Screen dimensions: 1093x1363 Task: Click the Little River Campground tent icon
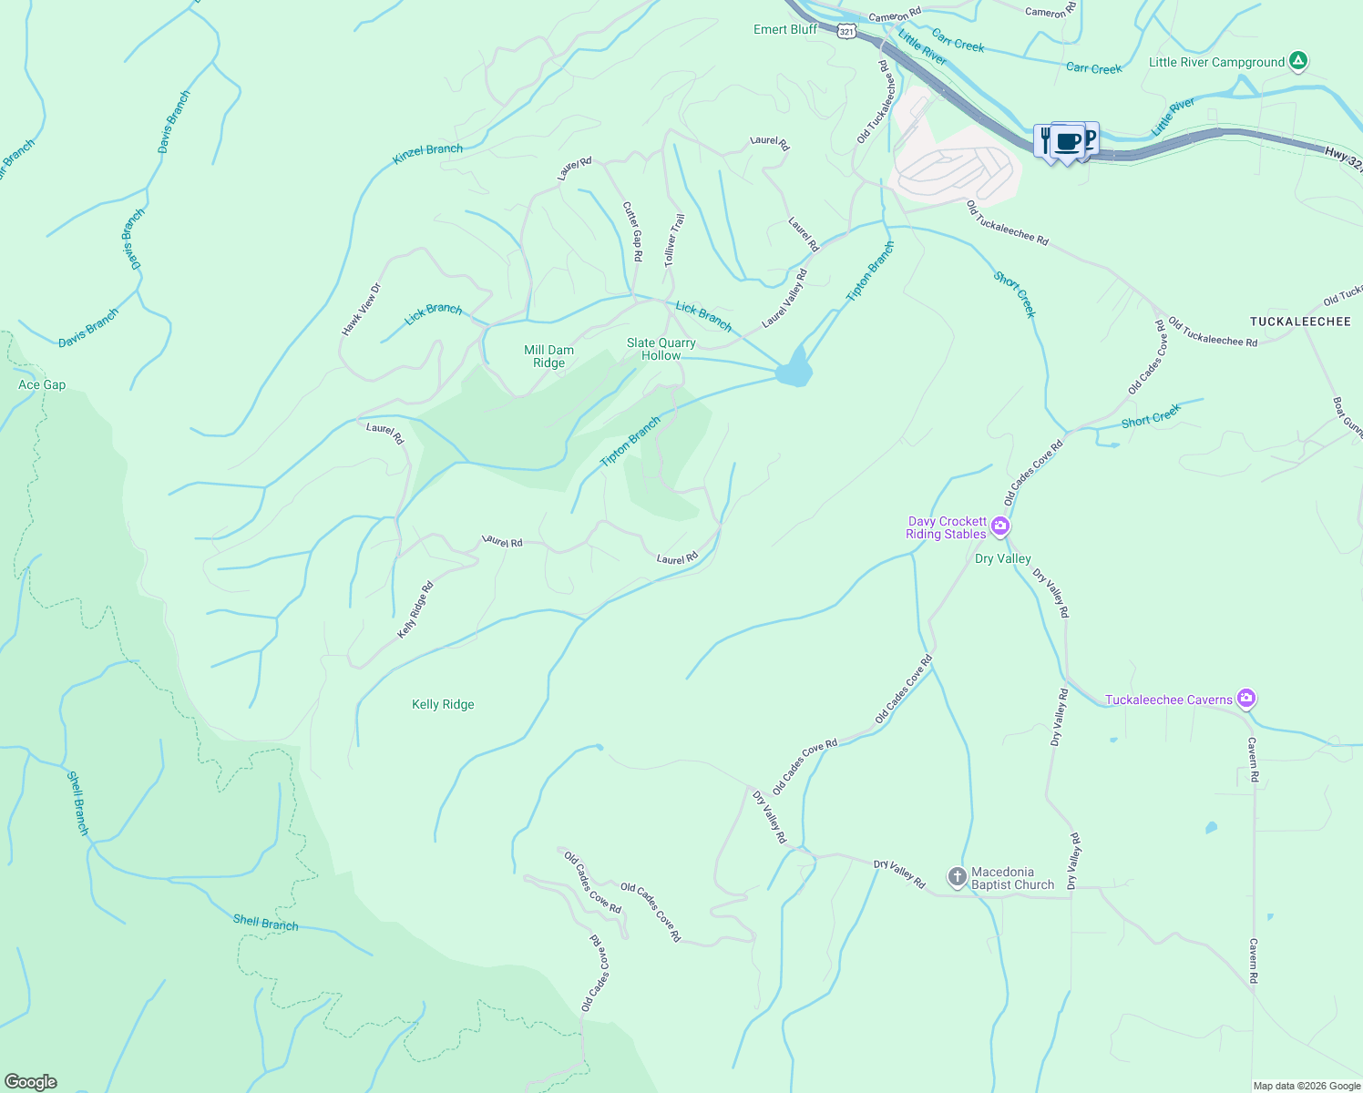(1298, 62)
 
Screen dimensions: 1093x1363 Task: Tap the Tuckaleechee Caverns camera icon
(1246, 700)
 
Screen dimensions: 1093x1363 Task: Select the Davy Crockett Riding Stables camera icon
(1000, 526)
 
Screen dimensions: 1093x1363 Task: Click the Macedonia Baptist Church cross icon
(957, 877)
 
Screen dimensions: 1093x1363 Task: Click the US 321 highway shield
(847, 31)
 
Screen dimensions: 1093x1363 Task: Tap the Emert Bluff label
(785, 29)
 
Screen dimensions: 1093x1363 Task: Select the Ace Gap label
(42, 384)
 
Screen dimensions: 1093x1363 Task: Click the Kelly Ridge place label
(443, 704)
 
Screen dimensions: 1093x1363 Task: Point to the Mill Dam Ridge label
(548, 356)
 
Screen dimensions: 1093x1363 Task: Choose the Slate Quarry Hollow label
(661, 349)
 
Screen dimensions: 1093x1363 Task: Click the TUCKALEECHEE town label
(1300, 322)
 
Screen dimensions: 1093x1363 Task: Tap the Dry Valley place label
(1003, 558)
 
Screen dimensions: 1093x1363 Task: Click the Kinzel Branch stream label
(427, 155)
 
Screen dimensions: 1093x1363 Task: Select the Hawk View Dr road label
(361, 310)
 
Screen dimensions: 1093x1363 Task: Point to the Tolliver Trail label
(674, 240)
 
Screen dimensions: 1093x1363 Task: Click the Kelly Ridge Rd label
(415, 609)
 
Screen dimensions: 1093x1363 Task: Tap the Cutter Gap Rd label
(632, 231)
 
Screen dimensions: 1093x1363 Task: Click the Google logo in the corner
(31, 1081)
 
